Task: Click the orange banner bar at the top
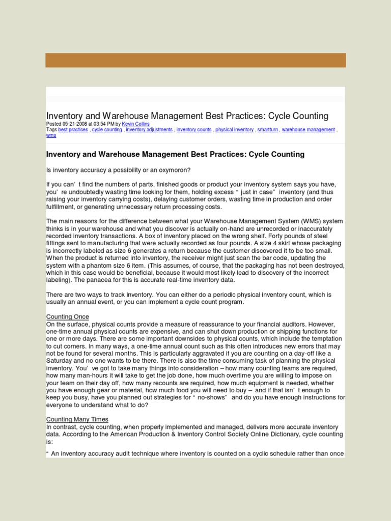(195, 60)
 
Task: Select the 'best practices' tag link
(73, 130)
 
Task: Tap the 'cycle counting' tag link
(107, 130)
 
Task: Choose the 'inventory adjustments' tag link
(149, 130)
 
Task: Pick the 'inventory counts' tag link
(194, 130)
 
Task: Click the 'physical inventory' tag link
(234, 130)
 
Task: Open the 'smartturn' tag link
(267, 130)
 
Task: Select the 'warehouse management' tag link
(309, 130)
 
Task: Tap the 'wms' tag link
(51, 136)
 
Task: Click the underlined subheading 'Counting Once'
(67, 317)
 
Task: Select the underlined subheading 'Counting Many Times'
(77, 419)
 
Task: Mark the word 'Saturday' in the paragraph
(60, 361)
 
